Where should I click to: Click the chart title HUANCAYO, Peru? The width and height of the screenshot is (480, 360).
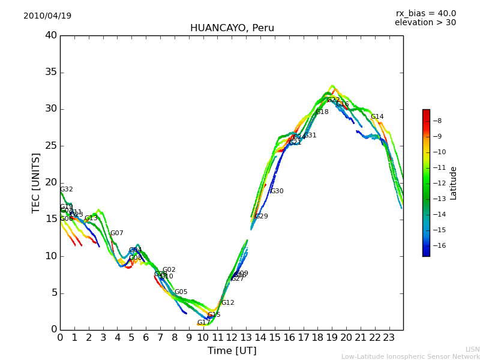[x=232, y=28]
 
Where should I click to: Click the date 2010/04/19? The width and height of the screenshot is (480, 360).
[x=47, y=16]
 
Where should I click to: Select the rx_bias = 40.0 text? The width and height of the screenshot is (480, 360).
[x=425, y=13]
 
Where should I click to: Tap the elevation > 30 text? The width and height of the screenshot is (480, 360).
[x=425, y=23]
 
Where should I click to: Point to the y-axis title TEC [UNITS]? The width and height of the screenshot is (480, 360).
[x=36, y=182]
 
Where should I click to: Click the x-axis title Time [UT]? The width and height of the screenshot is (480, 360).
[x=232, y=350]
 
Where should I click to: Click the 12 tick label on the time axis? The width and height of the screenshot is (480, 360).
[x=232, y=338]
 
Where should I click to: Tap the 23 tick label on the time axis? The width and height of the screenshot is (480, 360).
[x=389, y=338]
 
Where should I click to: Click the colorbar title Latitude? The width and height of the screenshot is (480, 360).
[x=454, y=182]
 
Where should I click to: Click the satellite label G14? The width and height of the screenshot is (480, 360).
[x=377, y=117]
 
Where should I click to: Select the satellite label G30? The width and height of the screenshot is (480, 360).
[x=277, y=191]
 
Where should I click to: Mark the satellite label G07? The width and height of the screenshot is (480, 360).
[x=116, y=233]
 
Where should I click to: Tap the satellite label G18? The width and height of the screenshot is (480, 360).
[x=322, y=112]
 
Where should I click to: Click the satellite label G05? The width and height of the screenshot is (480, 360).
[x=181, y=292]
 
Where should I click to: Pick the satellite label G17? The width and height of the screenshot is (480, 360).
[x=203, y=323]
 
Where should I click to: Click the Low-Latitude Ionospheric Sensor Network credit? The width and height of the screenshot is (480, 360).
[x=410, y=356]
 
